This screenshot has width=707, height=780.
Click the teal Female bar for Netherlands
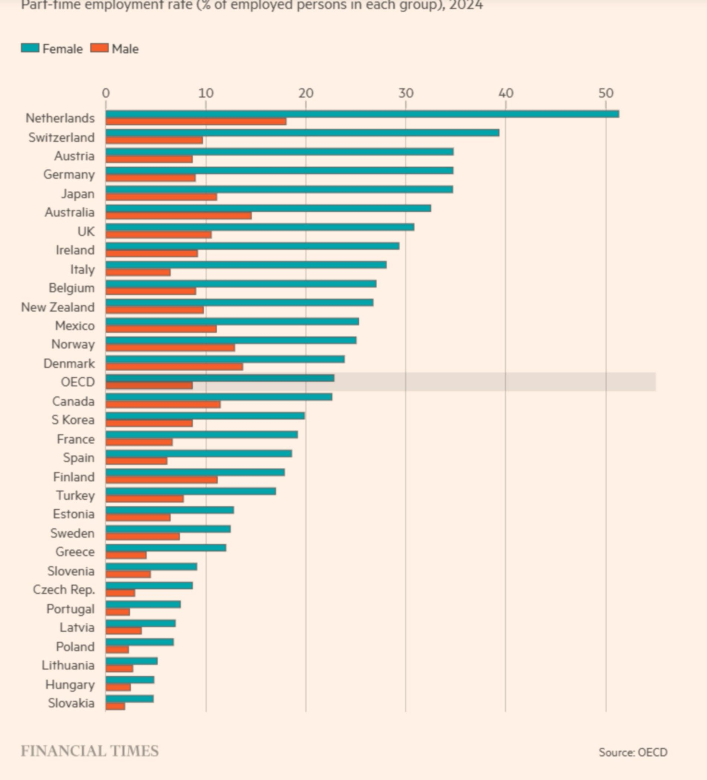pos(362,114)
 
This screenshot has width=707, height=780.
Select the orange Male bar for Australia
pos(179,216)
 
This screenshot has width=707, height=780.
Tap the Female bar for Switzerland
pos(302,133)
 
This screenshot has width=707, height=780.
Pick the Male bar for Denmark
pos(174,367)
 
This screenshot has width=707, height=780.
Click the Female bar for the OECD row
pos(220,378)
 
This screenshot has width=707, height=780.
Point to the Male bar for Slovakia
pos(115,706)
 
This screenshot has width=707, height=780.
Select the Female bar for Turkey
pos(191,491)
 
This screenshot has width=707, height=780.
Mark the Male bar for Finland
pos(161,480)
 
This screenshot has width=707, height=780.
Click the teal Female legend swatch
pos(30,48)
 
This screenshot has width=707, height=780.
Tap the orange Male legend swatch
pos(99,48)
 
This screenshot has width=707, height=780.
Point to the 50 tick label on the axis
pos(605,93)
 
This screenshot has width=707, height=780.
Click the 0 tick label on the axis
pos(106,93)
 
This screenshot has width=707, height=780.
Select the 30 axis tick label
pos(405,93)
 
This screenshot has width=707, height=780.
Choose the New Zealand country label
pos(58,307)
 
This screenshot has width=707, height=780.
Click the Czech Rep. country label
pos(64,589)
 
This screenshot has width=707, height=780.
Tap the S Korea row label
pos(73,420)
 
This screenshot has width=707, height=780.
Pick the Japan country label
pos(78,193)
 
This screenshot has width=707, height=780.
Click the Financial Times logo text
pos(89,751)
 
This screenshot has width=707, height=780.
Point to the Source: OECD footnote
pos(633,752)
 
